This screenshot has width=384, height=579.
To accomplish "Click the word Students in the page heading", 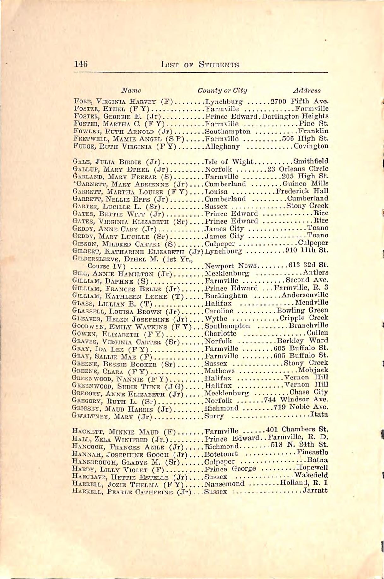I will point(219,65).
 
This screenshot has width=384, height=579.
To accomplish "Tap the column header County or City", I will point(222,91).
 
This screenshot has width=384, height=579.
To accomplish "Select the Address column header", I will point(306,91).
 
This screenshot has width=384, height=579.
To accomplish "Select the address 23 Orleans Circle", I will point(298,169).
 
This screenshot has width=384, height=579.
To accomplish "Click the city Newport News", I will point(231,266).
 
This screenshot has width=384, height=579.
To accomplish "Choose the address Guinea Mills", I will point(305,184).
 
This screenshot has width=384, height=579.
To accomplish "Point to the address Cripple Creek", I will point(304,318).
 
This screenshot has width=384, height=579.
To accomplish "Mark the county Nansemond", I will point(224,484).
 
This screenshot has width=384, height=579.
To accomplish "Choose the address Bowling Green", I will point(302,310).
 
